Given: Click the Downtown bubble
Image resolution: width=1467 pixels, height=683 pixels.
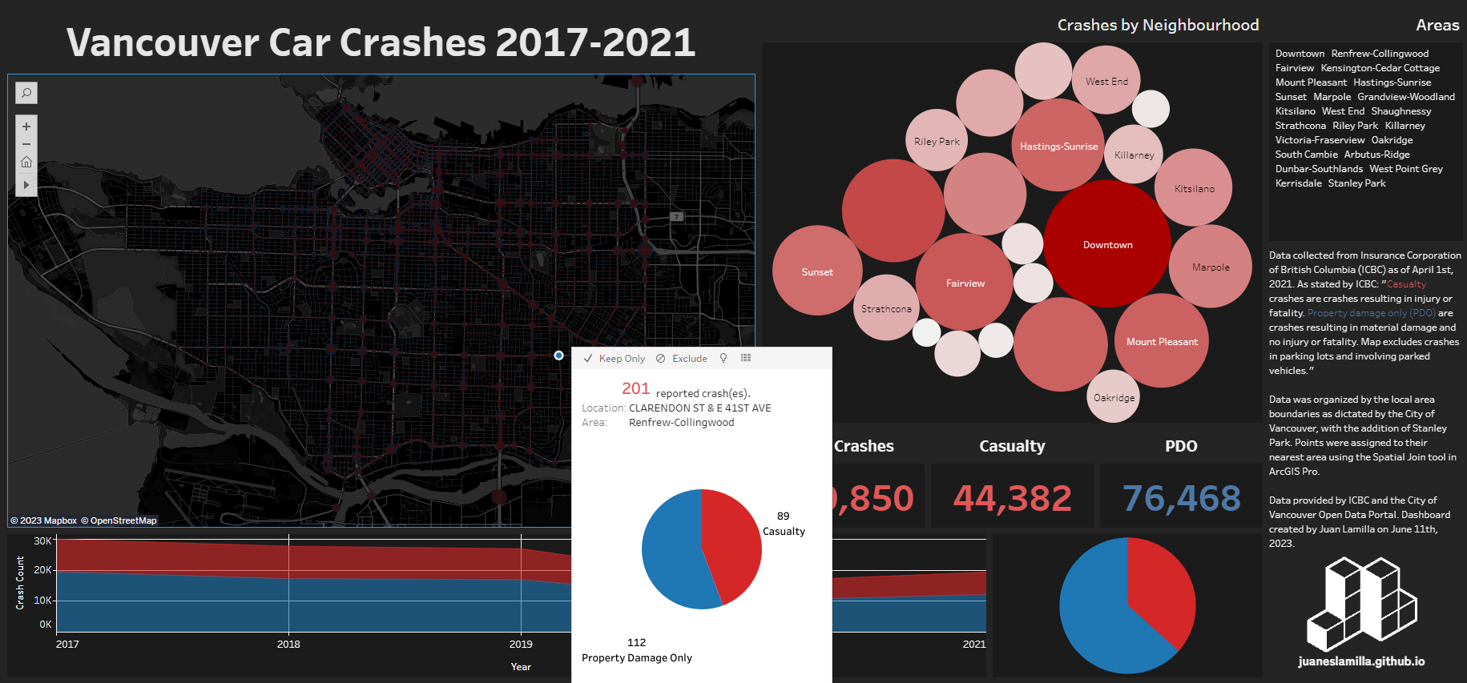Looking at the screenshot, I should coord(1107,244).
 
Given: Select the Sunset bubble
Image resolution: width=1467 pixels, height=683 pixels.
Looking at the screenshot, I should coord(817,271).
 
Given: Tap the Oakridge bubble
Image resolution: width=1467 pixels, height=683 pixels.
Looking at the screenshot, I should coord(1113,397).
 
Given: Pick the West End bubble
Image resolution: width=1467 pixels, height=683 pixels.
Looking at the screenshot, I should coord(1106,81).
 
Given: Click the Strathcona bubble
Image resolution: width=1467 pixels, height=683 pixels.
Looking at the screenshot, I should coord(886,308).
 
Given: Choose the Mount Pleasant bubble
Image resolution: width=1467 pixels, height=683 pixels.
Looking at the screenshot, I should coord(1162,341).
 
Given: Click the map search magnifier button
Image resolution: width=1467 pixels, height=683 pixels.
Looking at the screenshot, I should coord(26,93).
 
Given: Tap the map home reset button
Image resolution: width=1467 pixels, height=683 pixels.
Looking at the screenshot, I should coord(26,163).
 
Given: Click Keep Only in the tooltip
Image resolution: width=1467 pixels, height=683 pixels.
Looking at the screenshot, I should coord(615,359).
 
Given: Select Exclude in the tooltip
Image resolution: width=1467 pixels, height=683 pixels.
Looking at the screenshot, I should coord(682,359).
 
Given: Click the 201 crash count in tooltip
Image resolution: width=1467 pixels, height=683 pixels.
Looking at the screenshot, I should coord(635,388).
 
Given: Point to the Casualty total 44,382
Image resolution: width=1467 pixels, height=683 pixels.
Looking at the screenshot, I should coord(1012,498).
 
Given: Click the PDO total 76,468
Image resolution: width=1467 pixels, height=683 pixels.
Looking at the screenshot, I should coord(1181,498).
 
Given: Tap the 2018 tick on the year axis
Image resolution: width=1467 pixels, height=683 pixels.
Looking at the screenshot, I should coord(288,644).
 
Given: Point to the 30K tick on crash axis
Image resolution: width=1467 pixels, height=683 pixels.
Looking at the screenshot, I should coord(42,541).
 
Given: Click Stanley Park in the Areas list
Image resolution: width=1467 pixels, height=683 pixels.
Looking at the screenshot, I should coord(1356,183).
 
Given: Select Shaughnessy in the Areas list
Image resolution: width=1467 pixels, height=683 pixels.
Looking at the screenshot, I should coord(1401,111).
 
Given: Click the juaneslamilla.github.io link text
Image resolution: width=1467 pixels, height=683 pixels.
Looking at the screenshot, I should coord(1361,661).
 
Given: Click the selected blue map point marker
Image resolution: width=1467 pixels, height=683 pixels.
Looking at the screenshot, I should coord(558,356).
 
